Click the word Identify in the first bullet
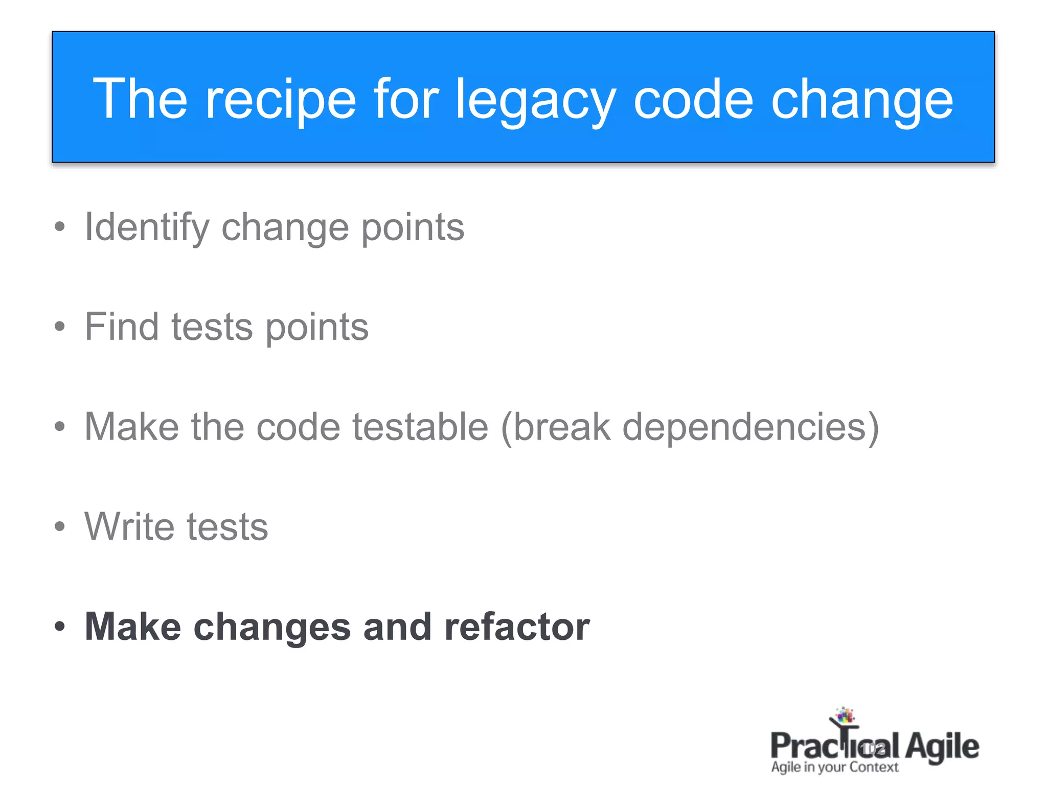coord(147,227)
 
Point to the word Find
coord(122,327)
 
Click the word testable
coord(420,427)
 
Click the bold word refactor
coord(517,627)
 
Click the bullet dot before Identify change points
coord(60,227)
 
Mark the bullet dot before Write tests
coord(60,526)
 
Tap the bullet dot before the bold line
coord(60,626)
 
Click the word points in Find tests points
coord(317,328)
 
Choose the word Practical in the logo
coord(833,746)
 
